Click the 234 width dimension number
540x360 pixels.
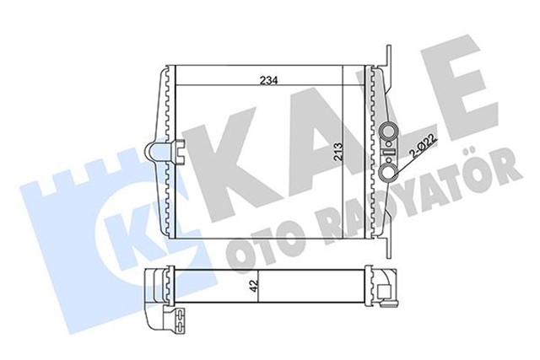[269, 81]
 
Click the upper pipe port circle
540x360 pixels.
[391, 132]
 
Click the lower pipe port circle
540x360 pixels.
[391, 171]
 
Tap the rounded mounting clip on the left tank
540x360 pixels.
[156, 153]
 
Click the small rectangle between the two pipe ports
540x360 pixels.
[390, 152]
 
